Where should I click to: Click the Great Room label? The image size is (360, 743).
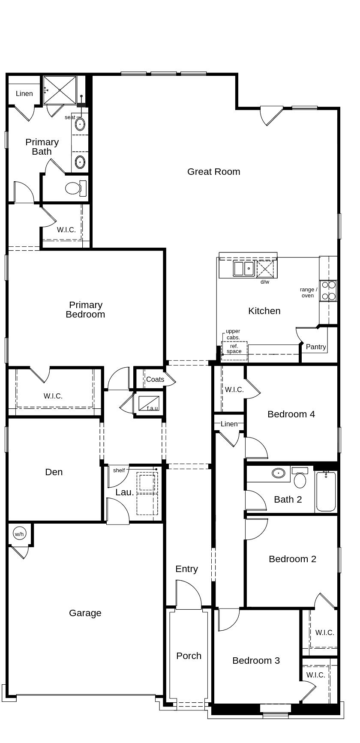[213, 172]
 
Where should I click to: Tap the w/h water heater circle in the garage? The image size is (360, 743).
[19, 534]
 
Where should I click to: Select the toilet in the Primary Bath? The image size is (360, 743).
[76, 188]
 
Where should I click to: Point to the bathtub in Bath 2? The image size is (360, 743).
[326, 491]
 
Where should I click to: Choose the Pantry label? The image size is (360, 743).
[316, 347]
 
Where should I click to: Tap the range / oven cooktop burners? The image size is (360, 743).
[329, 291]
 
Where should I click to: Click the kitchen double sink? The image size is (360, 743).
[243, 269]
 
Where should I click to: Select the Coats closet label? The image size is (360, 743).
[155, 379]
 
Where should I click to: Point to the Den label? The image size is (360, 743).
[54, 472]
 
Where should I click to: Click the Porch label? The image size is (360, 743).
[189, 656]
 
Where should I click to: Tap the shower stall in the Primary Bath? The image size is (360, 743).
[60, 90]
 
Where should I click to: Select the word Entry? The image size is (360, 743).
[186, 569]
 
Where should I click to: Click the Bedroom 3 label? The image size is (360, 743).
[256, 661]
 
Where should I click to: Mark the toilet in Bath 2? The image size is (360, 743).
[300, 478]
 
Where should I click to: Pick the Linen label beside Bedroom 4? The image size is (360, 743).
[229, 424]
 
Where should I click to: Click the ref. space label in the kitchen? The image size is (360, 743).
[234, 349]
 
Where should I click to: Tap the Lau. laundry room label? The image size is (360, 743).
[125, 492]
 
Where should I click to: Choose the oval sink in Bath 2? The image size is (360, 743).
[279, 473]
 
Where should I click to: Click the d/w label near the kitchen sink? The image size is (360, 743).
[265, 282]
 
